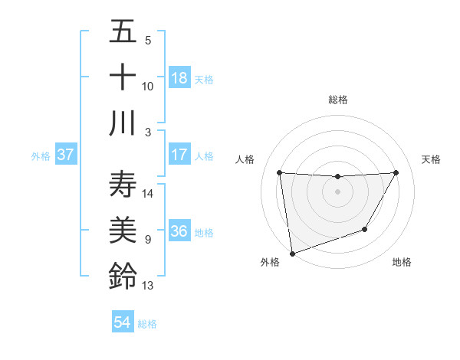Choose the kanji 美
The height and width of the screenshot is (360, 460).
pyautogui.click(x=123, y=231)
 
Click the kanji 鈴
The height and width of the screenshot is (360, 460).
pyautogui.click(x=123, y=277)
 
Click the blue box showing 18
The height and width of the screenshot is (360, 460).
pyautogui.click(x=179, y=78)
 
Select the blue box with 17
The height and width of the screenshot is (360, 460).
pyautogui.click(x=179, y=155)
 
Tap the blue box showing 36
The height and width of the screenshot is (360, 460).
pyautogui.click(x=179, y=231)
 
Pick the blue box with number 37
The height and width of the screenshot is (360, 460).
pyautogui.click(x=65, y=155)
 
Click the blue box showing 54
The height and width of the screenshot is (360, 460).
pyautogui.click(x=122, y=322)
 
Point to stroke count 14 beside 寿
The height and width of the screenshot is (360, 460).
pyautogui.click(x=148, y=193)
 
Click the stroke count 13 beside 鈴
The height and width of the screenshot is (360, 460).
pyautogui.click(x=148, y=286)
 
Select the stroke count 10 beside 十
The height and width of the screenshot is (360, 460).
pyautogui.click(x=148, y=86)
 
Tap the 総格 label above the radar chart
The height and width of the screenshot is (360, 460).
pyautogui.click(x=337, y=100)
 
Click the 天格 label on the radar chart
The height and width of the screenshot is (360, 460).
pyautogui.click(x=431, y=159)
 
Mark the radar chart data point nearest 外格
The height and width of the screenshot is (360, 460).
pyautogui.click(x=292, y=253)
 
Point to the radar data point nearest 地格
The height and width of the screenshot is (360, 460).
pyautogui.click(x=365, y=229)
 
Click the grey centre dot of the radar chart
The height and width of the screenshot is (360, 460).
pyautogui.click(x=337, y=191)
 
